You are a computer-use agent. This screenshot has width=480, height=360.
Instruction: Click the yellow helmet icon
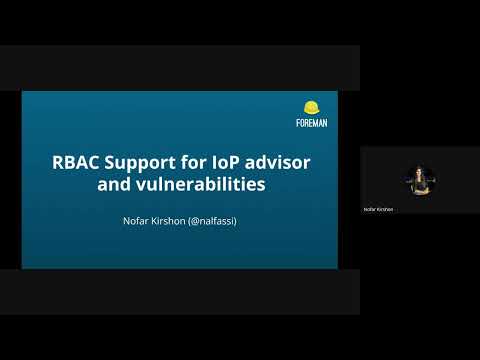[311, 108]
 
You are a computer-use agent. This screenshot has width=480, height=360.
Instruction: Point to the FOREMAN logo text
[311, 123]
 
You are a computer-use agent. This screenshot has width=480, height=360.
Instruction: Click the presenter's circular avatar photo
[419, 181]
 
